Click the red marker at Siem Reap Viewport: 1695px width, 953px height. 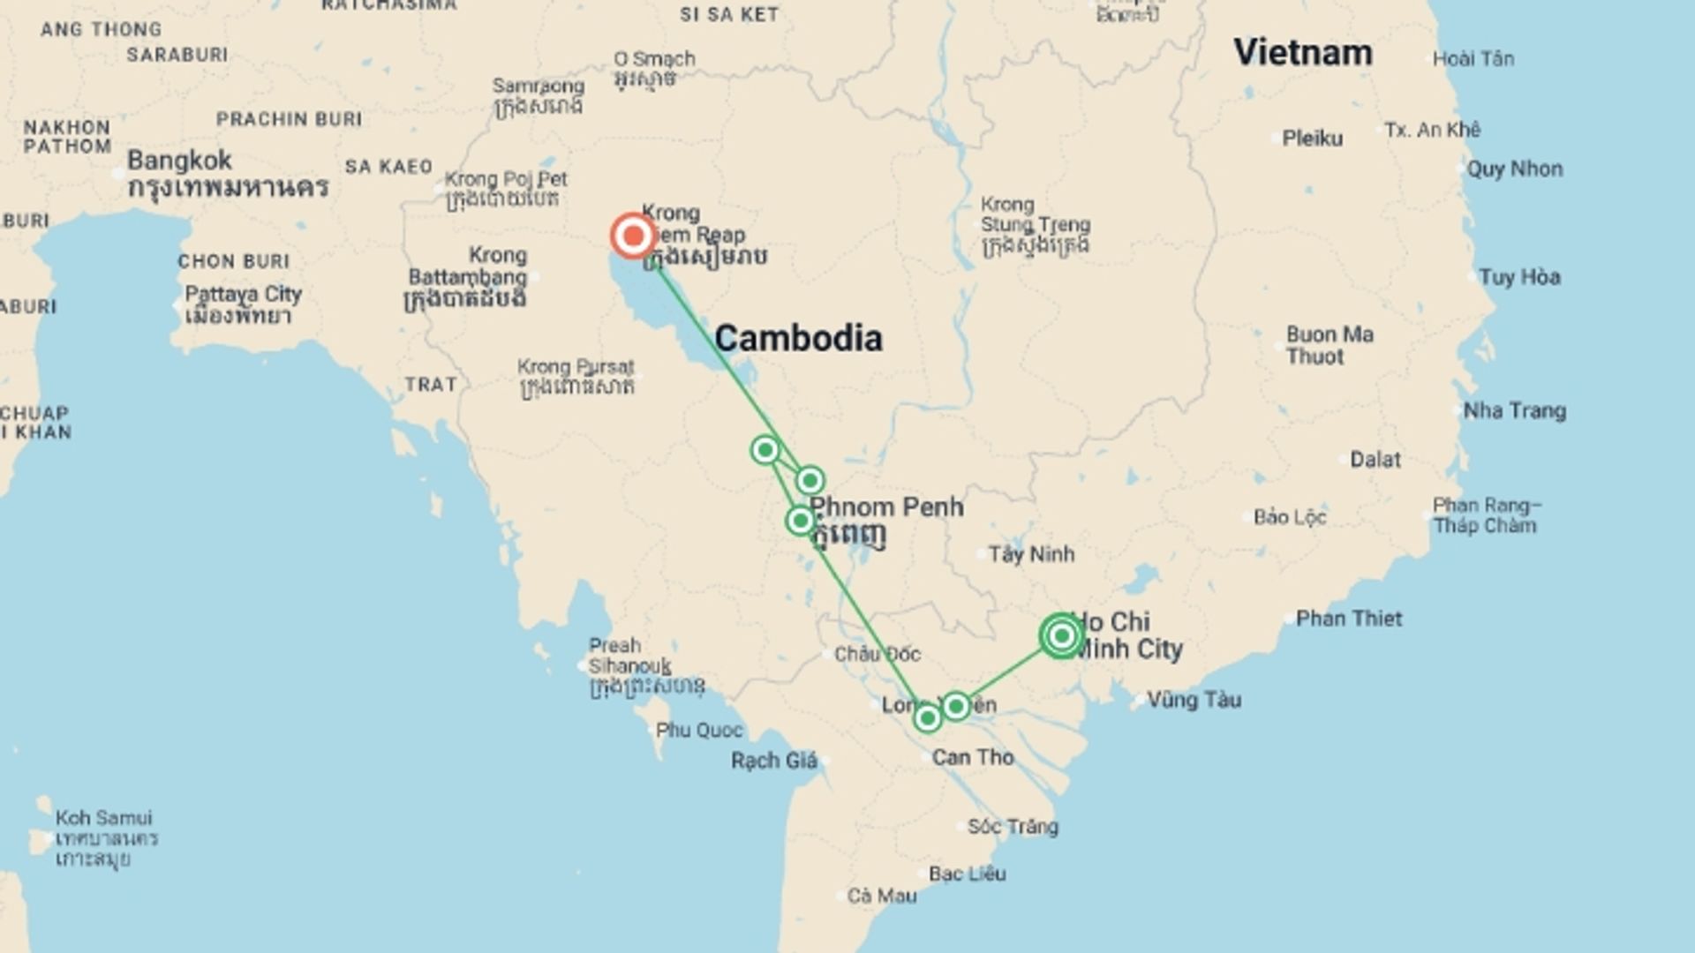633,236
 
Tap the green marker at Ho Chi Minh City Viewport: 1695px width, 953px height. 1062,635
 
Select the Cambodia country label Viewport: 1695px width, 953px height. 798,338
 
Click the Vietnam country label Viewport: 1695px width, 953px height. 1302,52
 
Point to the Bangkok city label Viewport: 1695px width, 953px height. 179,161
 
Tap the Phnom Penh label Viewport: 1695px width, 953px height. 886,507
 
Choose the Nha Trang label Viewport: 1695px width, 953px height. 1514,410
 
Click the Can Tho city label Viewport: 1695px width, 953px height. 973,757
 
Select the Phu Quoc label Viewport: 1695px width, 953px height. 699,731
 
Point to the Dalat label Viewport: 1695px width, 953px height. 1375,460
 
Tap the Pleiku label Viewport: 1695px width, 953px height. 1312,139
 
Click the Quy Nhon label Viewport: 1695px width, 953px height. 1514,169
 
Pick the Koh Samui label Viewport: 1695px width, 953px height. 103,818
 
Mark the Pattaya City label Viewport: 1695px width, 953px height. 243,294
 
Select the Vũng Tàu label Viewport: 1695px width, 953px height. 1194,700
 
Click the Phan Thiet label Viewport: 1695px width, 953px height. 1348,619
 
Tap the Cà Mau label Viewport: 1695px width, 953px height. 882,897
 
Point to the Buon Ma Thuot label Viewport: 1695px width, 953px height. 1330,345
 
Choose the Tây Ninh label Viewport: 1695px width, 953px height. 1031,554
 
